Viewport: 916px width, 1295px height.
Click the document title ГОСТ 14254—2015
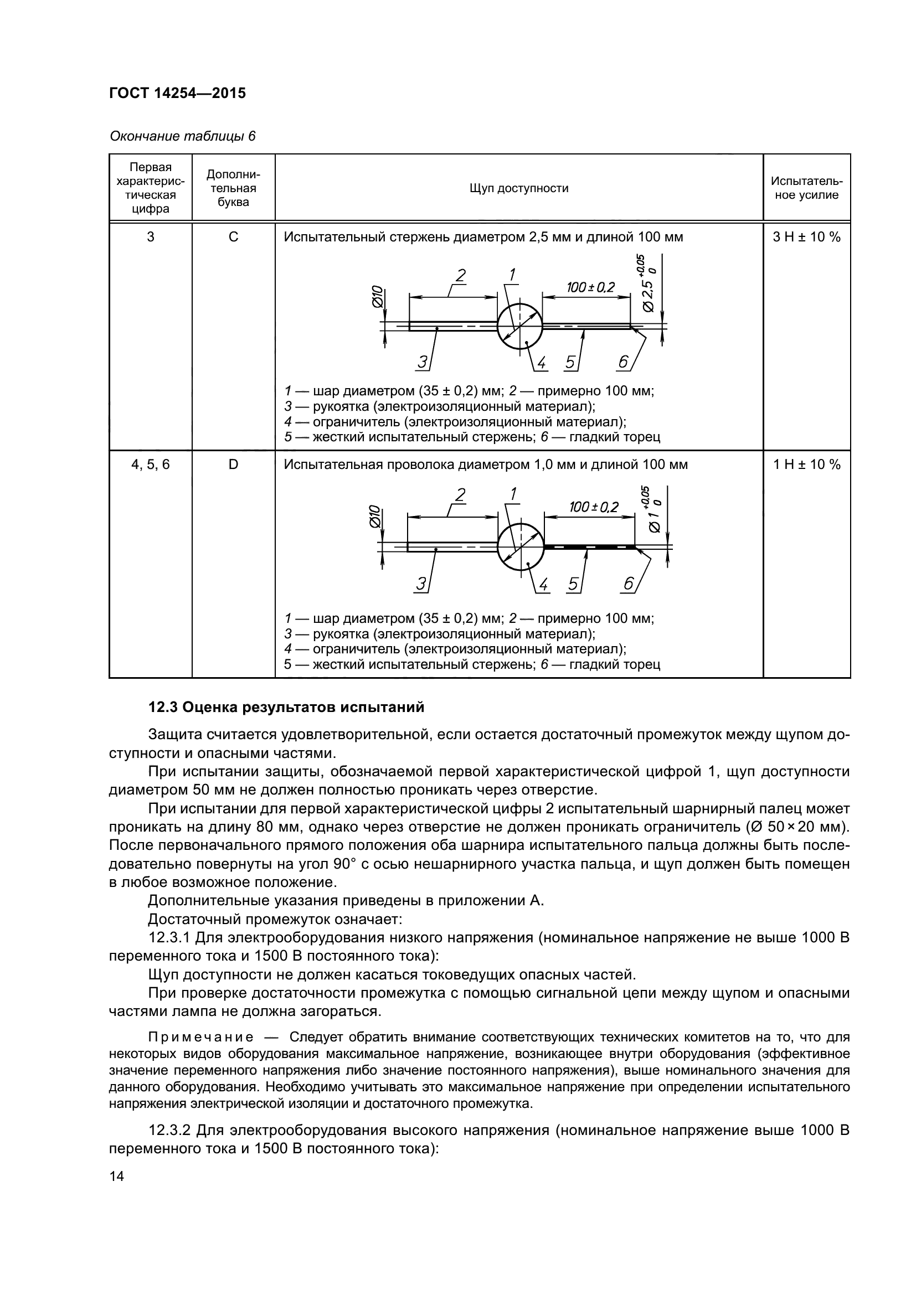click(x=178, y=93)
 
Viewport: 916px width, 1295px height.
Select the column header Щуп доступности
click(x=518, y=188)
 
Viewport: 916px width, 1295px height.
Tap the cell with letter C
click(x=233, y=237)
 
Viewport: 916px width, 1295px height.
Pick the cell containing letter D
click(x=233, y=464)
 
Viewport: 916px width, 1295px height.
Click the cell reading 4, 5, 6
click(x=150, y=464)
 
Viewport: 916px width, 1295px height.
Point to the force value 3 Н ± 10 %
click(x=806, y=237)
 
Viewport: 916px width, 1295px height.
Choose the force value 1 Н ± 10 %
click(x=806, y=464)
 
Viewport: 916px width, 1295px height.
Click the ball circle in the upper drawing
click(x=519, y=326)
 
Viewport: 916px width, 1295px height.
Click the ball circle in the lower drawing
click(x=521, y=546)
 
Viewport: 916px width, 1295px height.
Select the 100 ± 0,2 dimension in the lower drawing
click(x=593, y=507)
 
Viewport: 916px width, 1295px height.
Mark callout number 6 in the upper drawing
click(x=623, y=362)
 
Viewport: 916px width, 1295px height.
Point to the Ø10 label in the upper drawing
click(x=377, y=296)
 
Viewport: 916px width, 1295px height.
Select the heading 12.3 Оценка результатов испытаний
click(x=286, y=707)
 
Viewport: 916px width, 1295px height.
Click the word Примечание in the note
click(x=200, y=1037)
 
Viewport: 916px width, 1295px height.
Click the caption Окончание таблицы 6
click(x=182, y=136)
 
